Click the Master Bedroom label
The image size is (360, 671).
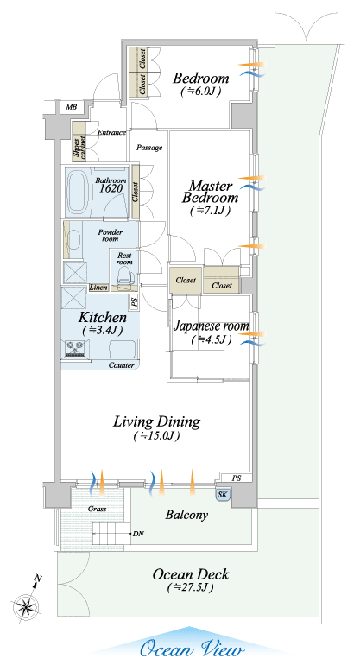click(x=211, y=192)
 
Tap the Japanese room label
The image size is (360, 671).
click(x=212, y=326)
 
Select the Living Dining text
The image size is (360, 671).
click(x=156, y=421)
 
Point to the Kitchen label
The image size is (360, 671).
click(x=102, y=317)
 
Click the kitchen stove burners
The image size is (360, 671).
click(x=75, y=347)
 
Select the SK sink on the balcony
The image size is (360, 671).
click(x=223, y=495)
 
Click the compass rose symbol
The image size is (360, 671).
click(x=27, y=606)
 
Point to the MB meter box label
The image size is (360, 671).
click(x=72, y=107)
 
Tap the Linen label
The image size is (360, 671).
click(x=98, y=288)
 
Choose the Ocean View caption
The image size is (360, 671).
click(x=192, y=649)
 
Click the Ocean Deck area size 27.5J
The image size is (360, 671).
click(x=191, y=587)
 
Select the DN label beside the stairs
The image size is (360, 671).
click(x=138, y=534)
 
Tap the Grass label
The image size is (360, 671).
click(x=97, y=510)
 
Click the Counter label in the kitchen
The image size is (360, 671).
click(x=121, y=365)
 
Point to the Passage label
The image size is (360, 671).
click(x=149, y=148)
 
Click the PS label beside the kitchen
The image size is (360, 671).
click(x=135, y=303)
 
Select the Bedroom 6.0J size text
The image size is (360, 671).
click(x=201, y=91)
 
